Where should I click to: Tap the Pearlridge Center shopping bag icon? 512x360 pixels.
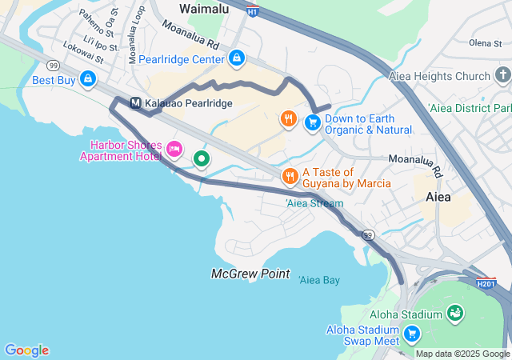coord(237,58)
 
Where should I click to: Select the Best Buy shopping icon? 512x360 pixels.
coord(88,79)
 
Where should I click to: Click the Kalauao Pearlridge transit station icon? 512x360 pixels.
coord(135,103)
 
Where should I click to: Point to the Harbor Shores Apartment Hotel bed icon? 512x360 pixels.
coord(174,148)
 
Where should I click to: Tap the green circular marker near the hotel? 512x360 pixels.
coord(202,159)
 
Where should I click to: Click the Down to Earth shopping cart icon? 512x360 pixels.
coord(312,122)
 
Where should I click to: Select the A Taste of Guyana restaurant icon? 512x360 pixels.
coord(290,176)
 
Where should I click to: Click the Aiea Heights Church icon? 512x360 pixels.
coord(502,76)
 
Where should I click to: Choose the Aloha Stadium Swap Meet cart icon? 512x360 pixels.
coord(411,333)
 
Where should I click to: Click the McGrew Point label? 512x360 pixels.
coord(250,274)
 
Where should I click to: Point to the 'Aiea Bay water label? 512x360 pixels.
coord(319,280)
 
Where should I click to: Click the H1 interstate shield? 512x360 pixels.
coord(253,12)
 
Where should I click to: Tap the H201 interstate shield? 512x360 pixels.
coord(486,283)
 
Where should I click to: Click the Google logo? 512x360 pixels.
coord(26,350)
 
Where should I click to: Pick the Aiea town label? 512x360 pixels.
coord(438,197)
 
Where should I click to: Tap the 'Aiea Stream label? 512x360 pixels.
coord(314,203)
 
